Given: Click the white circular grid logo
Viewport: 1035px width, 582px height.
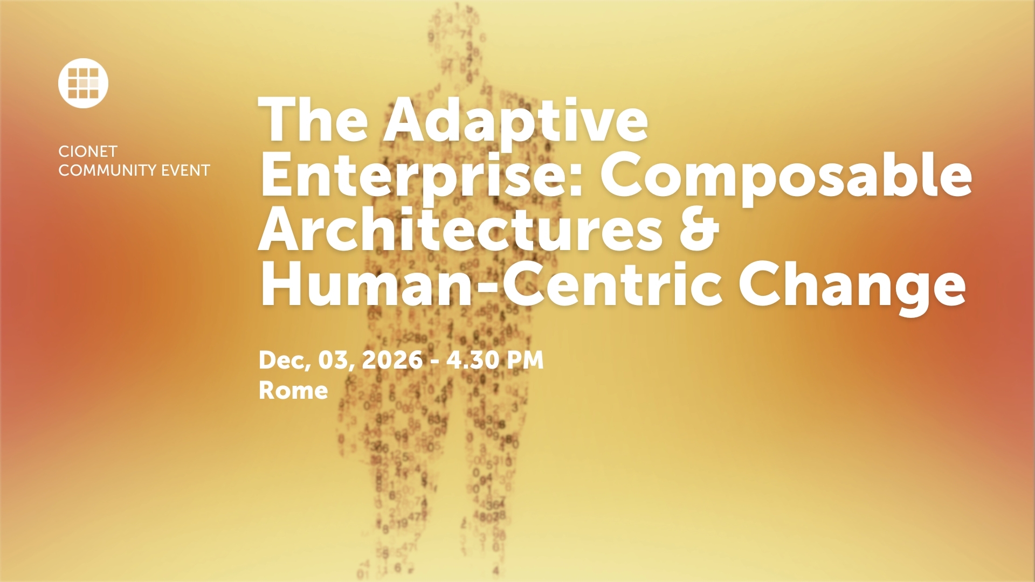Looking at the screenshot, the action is (83, 83).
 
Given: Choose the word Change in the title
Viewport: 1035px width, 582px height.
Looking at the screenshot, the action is (851, 292).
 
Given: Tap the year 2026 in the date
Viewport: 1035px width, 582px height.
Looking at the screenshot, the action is (392, 360).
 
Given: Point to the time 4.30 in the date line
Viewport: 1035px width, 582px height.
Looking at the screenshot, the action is (472, 360).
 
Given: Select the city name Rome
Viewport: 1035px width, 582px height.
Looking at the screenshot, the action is (293, 390).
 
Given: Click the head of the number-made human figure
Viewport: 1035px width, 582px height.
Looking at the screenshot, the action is (456, 40).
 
